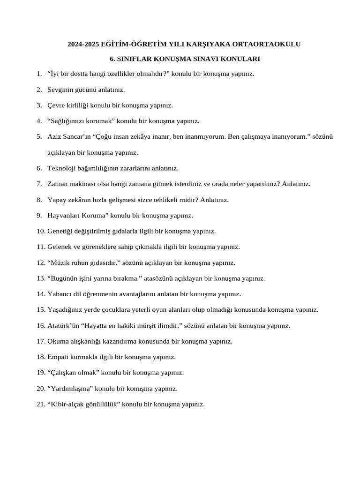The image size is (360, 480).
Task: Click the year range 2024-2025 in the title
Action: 81,45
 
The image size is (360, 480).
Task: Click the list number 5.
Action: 39,137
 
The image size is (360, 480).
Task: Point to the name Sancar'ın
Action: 76,137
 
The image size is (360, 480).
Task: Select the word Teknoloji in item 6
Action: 62,168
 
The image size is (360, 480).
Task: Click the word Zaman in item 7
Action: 58,184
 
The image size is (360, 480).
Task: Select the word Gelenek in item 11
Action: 59,247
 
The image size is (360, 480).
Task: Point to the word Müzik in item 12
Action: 60,263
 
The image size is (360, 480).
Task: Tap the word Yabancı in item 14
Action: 60,294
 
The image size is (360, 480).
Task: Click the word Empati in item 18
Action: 58,357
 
